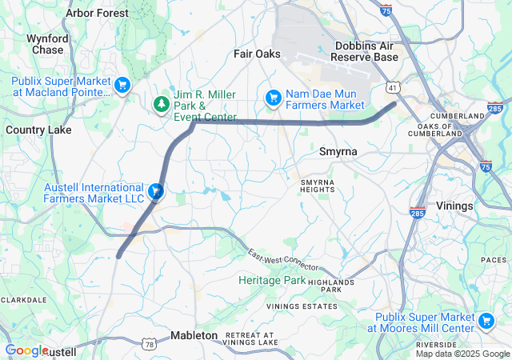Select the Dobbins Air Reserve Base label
click(x=365, y=52)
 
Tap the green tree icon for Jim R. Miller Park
click(x=162, y=104)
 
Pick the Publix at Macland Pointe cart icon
click(x=122, y=85)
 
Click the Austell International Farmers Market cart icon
click(x=157, y=191)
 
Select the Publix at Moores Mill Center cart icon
click(x=486, y=321)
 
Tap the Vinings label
click(x=455, y=206)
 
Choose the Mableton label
click(x=194, y=336)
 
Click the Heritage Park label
click(x=272, y=281)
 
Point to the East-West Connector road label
click(x=282, y=260)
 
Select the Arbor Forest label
click(x=97, y=14)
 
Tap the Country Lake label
click(x=38, y=130)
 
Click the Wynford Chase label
click(x=47, y=44)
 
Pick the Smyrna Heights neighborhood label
click(x=318, y=186)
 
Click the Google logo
click(x=26, y=350)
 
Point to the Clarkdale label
click(x=22, y=300)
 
